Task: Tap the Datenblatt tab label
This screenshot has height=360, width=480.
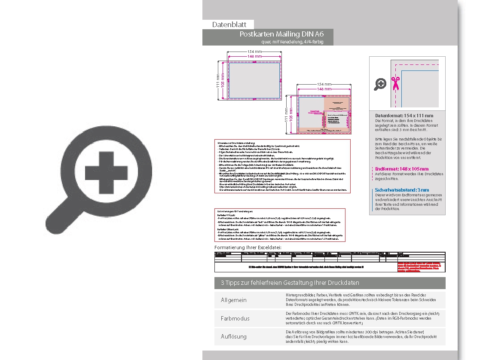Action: [x=229, y=24]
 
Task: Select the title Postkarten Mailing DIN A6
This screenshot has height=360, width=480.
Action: [x=281, y=34]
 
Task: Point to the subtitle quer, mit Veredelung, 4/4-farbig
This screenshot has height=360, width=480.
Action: [x=292, y=42]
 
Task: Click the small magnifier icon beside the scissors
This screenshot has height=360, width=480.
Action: [x=380, y=84]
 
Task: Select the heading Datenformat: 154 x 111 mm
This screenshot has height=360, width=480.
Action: [x=404, y=116]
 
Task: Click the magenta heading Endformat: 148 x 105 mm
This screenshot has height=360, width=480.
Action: [x=401, y=169]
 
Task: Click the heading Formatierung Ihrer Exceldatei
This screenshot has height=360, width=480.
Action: [x=248, y=247]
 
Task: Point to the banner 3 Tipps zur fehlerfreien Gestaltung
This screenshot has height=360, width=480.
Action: [x=290, y=283]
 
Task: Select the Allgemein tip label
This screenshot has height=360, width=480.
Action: [x=233, y=300]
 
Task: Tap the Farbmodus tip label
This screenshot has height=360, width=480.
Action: [x=235, y=318]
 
